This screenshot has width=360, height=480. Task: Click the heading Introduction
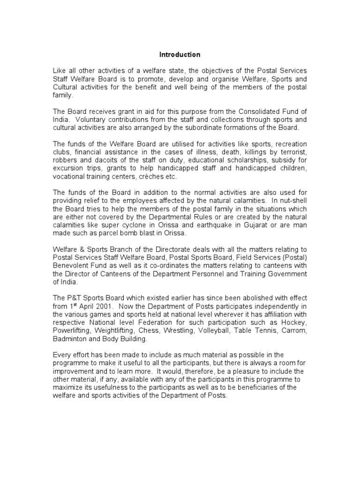(x=180, y=55)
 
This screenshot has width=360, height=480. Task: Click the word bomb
(x=137, y=233)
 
